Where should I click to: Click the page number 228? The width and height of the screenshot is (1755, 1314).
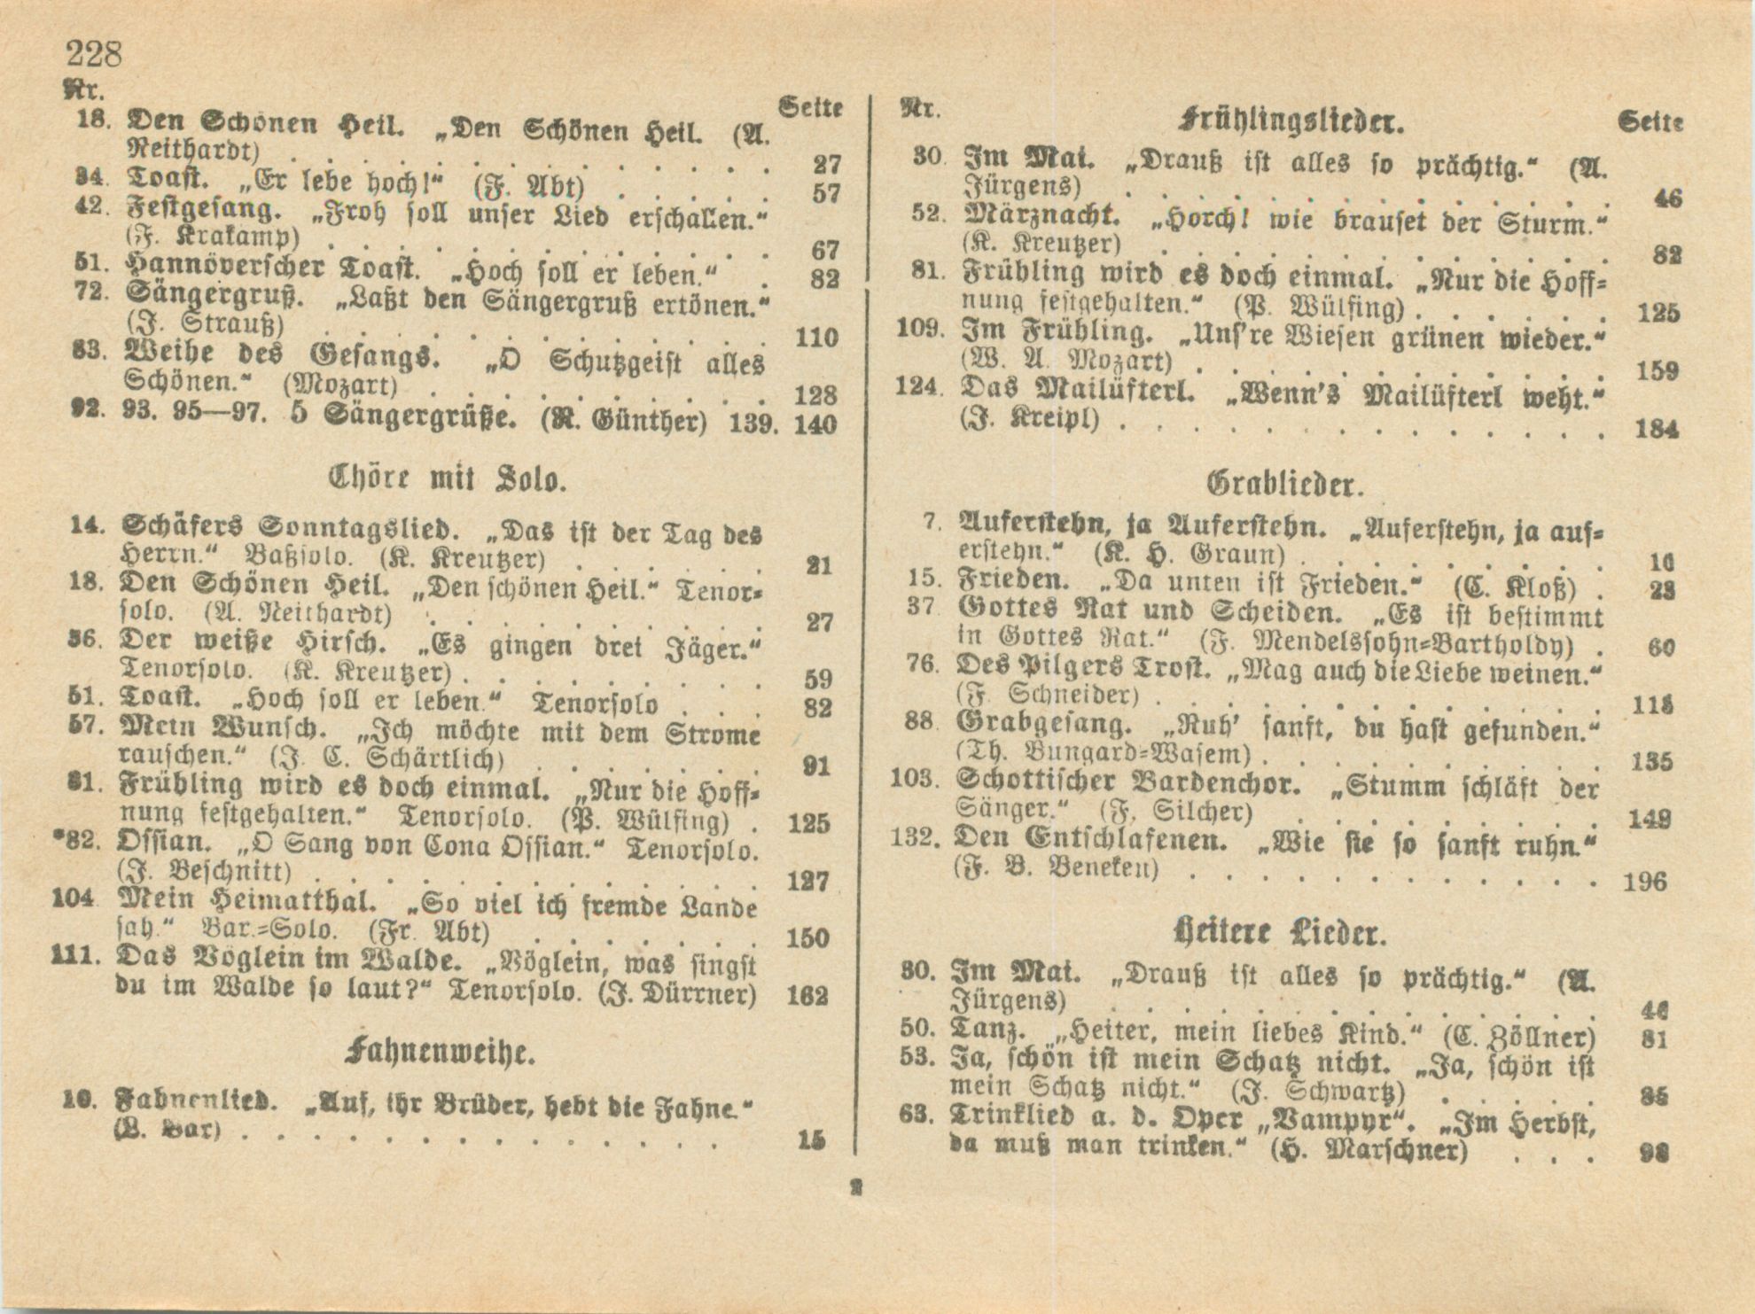[93, 55]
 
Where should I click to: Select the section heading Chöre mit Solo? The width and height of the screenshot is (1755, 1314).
[447, 480]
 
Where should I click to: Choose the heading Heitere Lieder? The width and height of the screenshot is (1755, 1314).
[1278, 933]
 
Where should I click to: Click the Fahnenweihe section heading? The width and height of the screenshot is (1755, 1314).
[441, 1053]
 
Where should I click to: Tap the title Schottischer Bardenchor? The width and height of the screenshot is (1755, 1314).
[1128, 782]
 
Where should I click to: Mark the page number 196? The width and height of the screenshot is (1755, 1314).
[1644, 882]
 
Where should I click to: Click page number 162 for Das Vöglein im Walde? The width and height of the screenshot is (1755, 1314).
[807, 995]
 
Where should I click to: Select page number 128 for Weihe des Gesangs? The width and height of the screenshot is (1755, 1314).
[815, 393]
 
